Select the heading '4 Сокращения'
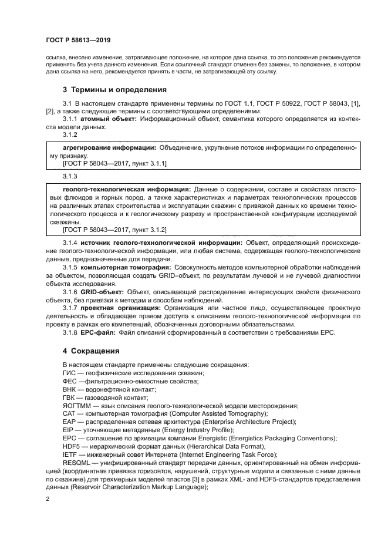tap(91, 351)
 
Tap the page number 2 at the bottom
tap(48, 499)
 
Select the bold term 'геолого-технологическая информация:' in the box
tap(126, 190)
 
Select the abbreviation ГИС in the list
tap(69, 373)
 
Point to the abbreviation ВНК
tap(69, 389)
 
